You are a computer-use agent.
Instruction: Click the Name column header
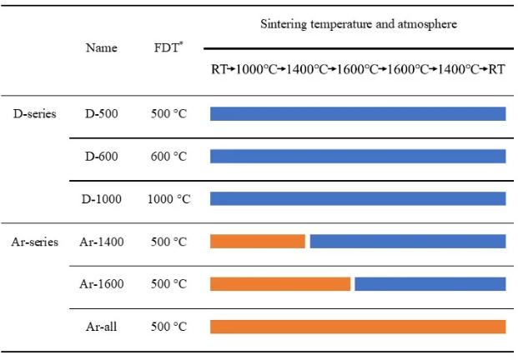point(102,47)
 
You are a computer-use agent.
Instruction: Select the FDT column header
point(168,47)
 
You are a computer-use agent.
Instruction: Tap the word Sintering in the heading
point(284,24)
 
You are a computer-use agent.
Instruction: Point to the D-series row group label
point(35,114)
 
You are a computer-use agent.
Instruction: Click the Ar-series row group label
point(35,242)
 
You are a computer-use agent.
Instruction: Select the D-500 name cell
point(102,114)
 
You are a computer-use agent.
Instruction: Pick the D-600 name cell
point(102,157)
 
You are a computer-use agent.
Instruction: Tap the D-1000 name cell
point(102,199)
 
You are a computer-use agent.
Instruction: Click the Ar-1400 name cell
point(102,242)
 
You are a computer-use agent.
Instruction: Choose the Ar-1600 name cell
point(102,284)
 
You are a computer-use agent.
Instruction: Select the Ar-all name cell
point(102,327)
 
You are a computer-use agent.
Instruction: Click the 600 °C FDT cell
point(168,157)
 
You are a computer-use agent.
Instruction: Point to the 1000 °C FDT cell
point(168,199)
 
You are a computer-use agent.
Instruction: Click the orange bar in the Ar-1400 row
point(258,241)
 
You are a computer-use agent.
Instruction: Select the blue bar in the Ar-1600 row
point(430,284)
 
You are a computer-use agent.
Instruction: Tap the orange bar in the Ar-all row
point(358,327)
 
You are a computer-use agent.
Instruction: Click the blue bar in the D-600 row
point(358,157)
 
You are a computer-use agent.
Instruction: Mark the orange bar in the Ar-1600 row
point(280,284)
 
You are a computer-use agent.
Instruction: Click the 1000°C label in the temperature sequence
point(257,69)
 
